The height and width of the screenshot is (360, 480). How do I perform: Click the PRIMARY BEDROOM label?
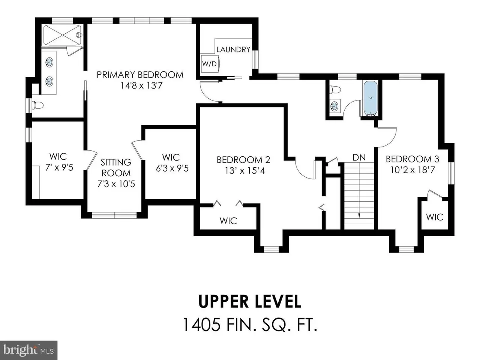[x=140, y=75]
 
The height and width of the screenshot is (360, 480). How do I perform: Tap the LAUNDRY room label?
[x=233, y=49]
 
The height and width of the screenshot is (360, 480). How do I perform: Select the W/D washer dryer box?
[x=210, y=64]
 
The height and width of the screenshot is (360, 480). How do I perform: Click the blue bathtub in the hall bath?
[x=370, y=98]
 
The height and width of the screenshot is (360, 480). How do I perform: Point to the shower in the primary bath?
[x=62, y=35]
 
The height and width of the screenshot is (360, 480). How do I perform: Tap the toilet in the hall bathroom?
[x=335, y=89]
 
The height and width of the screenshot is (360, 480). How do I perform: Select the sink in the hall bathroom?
[x=334, y=106]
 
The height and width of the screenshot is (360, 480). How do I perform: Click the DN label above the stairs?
[x=359, y=157]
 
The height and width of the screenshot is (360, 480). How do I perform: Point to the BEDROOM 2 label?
[x=243, y=160]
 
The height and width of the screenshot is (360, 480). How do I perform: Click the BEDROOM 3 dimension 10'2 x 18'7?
[x=412, y=170]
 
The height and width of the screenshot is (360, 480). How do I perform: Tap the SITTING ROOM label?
[x=116, y=168]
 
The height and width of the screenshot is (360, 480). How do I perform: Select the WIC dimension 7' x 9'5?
[x=59, y=168]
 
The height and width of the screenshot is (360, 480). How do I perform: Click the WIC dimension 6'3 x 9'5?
[x=172, y=168]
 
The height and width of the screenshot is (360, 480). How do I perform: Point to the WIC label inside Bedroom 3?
[x=435, y=217]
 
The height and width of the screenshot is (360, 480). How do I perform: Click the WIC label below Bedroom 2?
[x=228, y=221]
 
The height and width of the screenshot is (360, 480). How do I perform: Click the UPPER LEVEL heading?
[x=249, y=301]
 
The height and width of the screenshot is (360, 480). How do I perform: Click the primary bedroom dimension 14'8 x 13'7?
[x=141, y=85]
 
